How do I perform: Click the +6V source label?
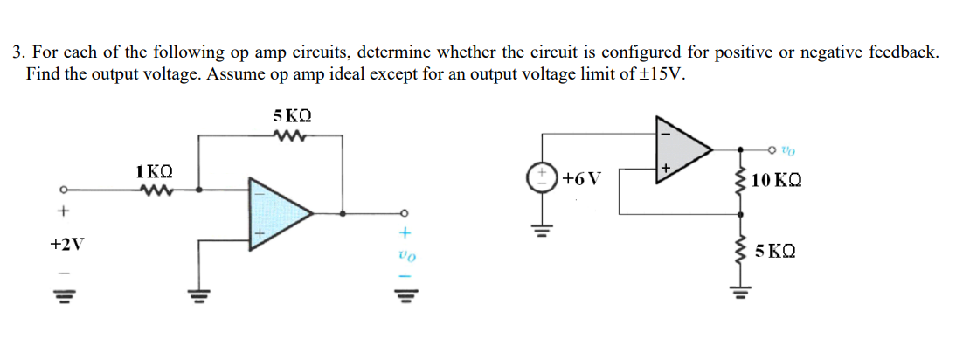click(582, 180)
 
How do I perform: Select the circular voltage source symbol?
click(537, 178)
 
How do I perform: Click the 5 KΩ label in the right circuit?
click(774, 251)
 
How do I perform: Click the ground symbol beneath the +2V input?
click(61, 294)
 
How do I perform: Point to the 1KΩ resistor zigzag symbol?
click(154, 188)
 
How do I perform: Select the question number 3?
click(17, 53)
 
